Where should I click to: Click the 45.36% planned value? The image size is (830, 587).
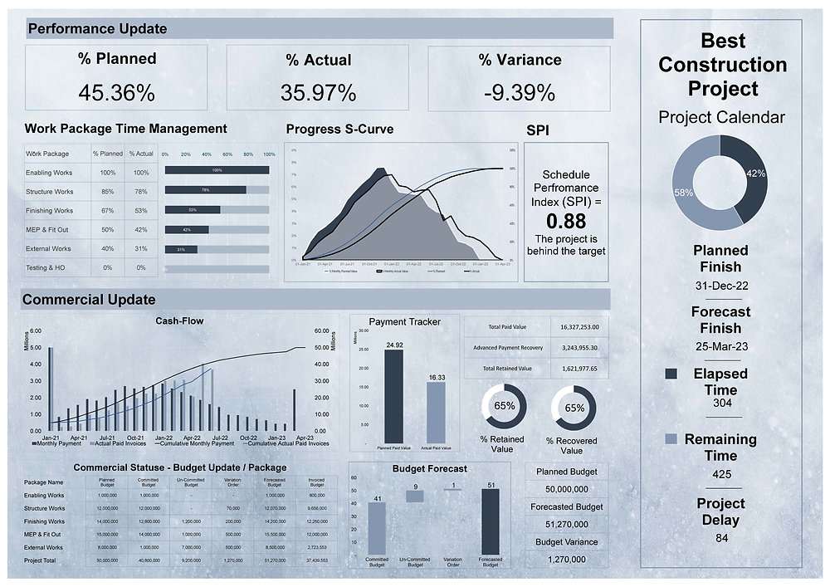116,93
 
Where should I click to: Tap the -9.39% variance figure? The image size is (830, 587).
519,93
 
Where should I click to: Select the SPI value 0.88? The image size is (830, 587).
565,222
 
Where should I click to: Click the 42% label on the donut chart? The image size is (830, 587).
755,174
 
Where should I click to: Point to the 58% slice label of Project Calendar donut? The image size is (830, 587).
684,192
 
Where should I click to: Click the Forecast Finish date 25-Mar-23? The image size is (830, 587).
720,345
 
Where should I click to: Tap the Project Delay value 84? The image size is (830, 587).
720,538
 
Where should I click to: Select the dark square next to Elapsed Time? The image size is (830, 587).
671,375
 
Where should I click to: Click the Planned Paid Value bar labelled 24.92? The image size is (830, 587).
394,396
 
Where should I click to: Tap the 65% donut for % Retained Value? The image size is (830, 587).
504,407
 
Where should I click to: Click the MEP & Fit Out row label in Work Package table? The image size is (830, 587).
48,230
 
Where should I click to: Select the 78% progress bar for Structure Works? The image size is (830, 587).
206,189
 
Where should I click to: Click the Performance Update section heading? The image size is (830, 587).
97,29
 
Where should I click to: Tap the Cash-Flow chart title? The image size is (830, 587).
179,320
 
